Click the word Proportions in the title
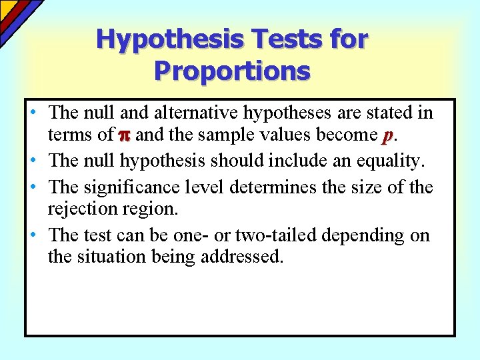pos(232,70)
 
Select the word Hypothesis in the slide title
pos(170,41)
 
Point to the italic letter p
pos(387,135)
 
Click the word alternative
pos(193,111)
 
